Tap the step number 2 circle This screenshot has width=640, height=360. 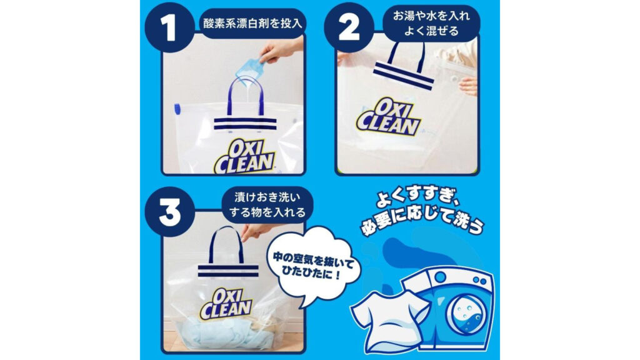[349, 27]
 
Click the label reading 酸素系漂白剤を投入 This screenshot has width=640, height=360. [252, 24]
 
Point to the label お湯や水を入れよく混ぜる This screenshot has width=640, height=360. [431, 23]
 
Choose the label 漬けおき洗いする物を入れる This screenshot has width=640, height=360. [267, 205]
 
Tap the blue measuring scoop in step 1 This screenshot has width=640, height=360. [249, 69]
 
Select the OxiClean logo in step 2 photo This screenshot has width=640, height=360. [388, 117]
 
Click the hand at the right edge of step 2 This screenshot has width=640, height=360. [468, 86]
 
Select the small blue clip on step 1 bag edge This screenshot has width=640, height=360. [177, 109]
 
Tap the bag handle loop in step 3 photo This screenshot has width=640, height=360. [226, 245]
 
